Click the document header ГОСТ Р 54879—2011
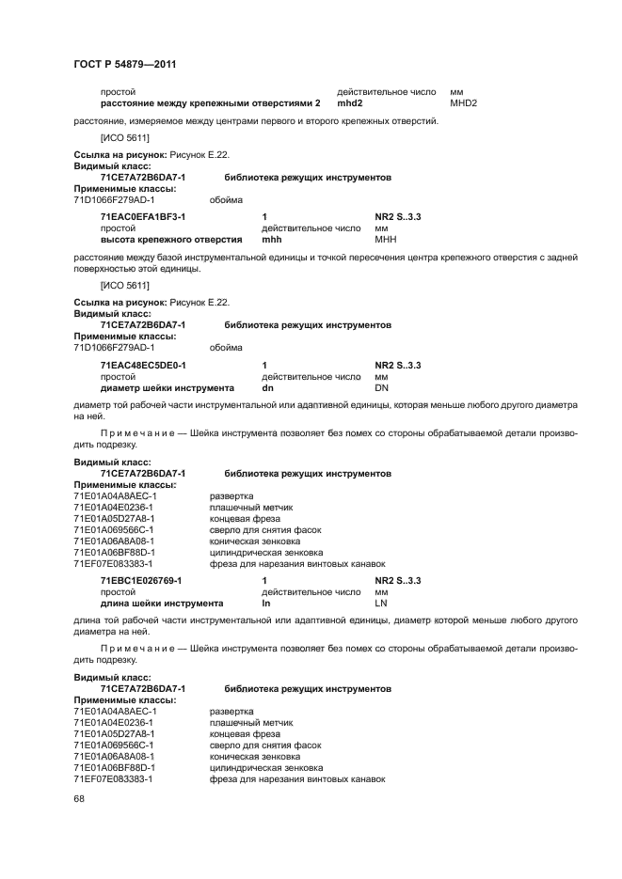[125, 64]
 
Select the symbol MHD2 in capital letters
[464, 102]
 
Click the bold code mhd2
[350, 102]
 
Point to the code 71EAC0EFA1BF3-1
[143, 217]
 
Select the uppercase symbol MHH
[384, 239]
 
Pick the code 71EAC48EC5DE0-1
[144, 365]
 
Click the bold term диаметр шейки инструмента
[167, 386]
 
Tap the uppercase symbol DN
[381, 386]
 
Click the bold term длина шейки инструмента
[161, 603]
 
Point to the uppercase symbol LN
[381, 603]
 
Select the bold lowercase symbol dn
[267, 386]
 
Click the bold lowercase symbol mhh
[271, 239]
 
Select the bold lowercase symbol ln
[265, 603]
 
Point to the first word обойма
[226, 199]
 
